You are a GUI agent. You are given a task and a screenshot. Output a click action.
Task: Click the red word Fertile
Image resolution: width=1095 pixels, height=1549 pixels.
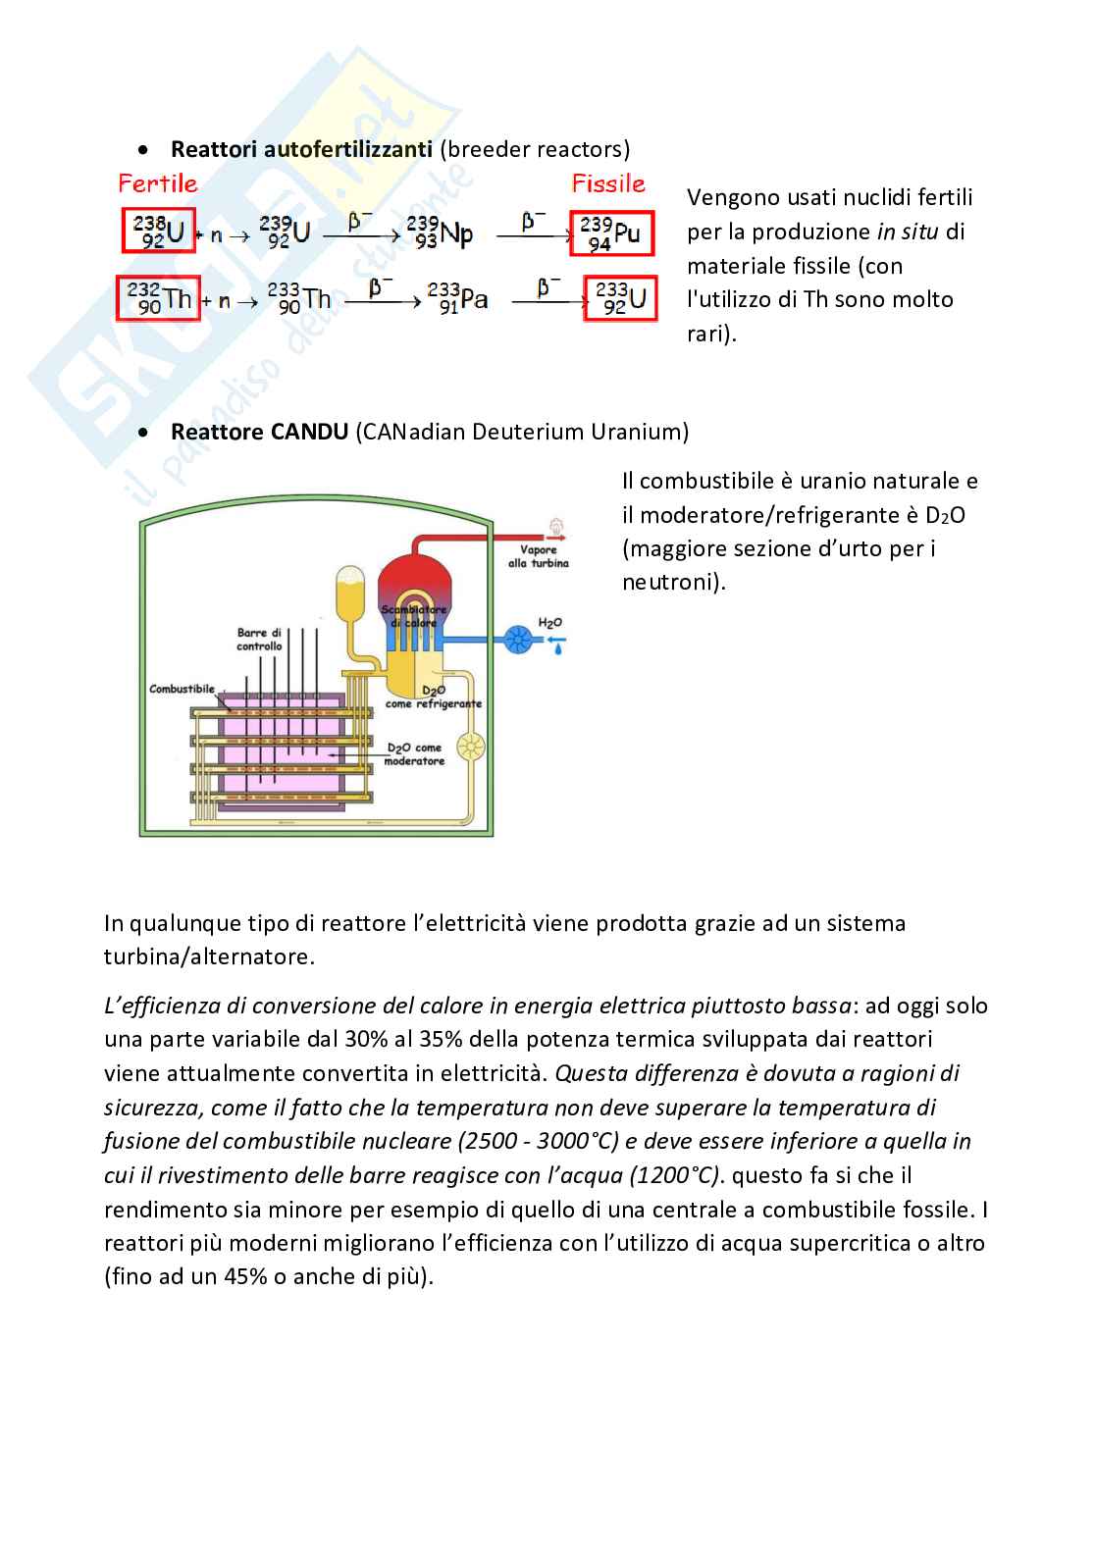coord(158,183)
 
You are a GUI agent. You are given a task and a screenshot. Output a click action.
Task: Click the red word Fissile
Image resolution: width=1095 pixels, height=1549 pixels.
coord(608,183)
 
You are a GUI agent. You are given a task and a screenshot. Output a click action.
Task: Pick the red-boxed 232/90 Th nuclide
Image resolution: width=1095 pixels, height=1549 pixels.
coord(157,299)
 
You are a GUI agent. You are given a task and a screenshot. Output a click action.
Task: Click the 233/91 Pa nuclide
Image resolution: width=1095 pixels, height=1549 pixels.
coord(457,298)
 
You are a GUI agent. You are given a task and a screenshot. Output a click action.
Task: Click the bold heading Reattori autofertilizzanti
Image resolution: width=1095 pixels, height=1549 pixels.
coord(301,149)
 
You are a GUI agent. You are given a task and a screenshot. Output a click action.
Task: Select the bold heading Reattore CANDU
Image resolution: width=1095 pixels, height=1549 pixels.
coord(259,432)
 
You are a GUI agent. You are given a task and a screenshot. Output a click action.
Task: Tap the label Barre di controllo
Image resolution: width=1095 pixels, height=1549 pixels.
coord(259,640)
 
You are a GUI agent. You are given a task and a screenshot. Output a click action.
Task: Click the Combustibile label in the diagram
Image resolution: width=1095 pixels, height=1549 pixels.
coord(182,690)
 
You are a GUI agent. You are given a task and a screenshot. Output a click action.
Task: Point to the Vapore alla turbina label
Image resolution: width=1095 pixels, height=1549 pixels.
coord(538,556)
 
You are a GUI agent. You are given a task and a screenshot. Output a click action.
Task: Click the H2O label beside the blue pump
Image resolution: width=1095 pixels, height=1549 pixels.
coord(549,623)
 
